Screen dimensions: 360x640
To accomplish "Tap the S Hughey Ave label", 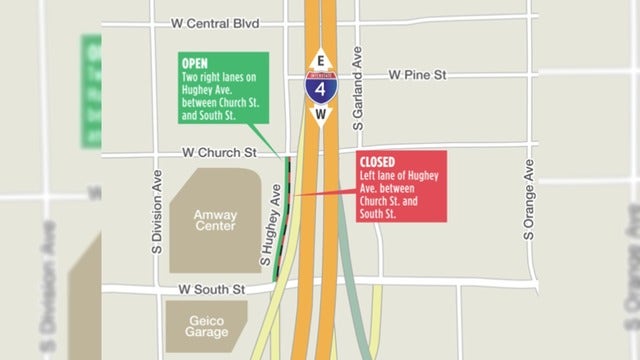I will coord(267,228).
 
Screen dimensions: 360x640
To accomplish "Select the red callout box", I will coord(398,187).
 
